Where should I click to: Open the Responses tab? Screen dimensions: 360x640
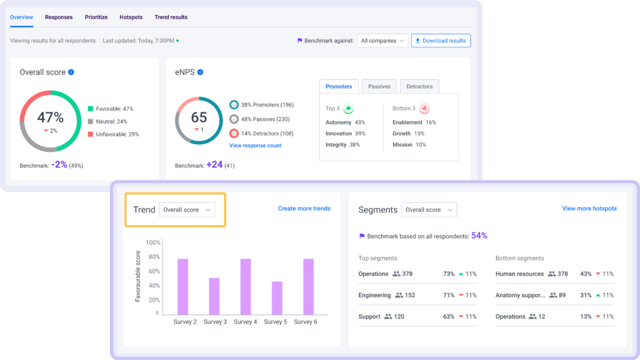click(59, 17)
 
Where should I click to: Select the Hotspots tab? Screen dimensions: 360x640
click(131, 17)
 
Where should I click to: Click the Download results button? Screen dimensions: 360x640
click(440, 41)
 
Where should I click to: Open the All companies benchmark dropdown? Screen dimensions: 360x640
click(382, 41)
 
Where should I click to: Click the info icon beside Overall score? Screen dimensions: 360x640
click(71, 73)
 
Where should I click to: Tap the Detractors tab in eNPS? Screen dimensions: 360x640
click(419, 87)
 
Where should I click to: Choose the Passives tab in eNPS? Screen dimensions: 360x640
click(379, 87)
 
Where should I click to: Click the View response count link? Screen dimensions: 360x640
click(255, 145)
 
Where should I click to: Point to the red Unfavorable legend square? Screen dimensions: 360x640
click(91, 134)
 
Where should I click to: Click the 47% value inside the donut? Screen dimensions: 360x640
click(51, 117)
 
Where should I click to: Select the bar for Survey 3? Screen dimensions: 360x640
click(214, 296)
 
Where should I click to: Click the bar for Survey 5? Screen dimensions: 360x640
click(277, 298)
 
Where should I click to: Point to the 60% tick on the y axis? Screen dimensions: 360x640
click(153, 271)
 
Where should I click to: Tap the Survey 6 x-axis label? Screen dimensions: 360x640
click(305, 322)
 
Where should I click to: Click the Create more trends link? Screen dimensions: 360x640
click(304, 209)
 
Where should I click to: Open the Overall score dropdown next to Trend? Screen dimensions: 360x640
click(187, 210)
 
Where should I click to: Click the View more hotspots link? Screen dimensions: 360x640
click(589, 209)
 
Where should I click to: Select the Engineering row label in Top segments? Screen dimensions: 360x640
click(375, 295)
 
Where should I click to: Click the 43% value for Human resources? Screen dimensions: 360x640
click(585, 274)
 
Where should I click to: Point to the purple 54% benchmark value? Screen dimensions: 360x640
click(479, 236)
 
